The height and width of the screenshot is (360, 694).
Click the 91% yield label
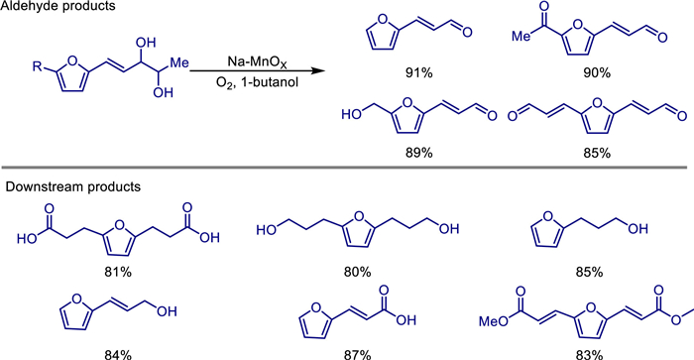(x=418, y=72)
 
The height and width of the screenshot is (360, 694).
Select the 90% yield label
(x=596, y=72)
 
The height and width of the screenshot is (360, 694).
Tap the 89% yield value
(x=418, y=153)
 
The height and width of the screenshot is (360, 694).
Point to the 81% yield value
(x=117, y=272)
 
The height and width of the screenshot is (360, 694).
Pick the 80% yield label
(x=357, y=272)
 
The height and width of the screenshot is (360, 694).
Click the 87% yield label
(x=357, y=355)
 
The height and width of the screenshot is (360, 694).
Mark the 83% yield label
(x=589, y=355)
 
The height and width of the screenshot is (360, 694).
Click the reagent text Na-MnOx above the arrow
(x=257, y=62)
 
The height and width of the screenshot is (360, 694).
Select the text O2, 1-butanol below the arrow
(x=257, y=82)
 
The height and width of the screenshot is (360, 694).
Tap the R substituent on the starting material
(x=37, y=66)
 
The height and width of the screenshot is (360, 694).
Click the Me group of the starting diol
(x=179, y=62)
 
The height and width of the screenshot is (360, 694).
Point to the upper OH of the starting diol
(x=146, y=43)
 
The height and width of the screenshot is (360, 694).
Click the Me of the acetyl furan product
(x=521, y=36)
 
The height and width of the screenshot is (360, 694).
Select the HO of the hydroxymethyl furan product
(x=351, y=115)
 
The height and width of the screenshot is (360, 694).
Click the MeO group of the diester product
(x=494, y=321)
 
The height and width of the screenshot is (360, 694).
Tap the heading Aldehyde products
(x=58, y=6)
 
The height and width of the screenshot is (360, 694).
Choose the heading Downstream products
(x=72, y=186)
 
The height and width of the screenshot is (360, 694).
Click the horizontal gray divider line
(x=343, y=168)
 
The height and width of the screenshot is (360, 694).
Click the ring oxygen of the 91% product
(x=383, y=20)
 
